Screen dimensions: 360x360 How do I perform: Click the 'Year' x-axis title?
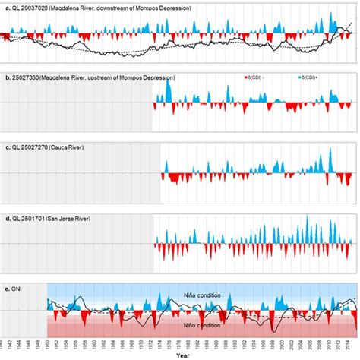(x=180, y=355)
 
